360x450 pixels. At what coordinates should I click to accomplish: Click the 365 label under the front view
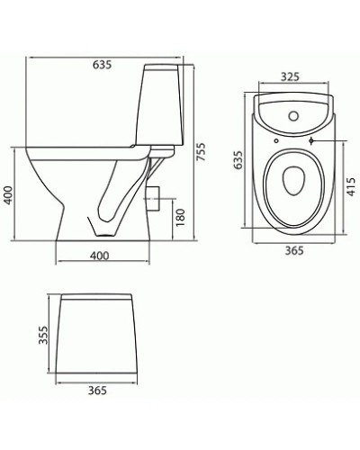pos(99,390)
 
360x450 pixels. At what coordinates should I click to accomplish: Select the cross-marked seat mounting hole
pos(310,141)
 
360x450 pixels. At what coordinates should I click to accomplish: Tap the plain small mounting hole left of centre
pos(273,141)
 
